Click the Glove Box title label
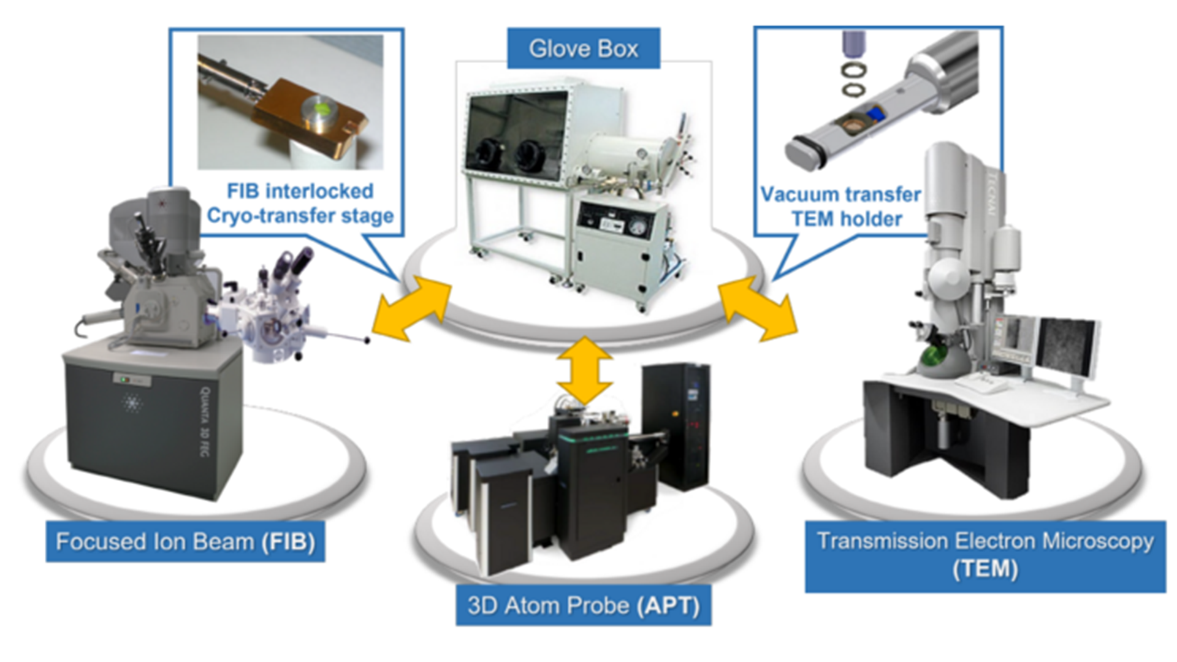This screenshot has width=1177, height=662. click(583, 48)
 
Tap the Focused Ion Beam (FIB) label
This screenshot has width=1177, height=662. click(185, 542)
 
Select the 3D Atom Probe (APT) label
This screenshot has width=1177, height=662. click(583, 606)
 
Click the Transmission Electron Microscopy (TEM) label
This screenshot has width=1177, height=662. click(985, 555)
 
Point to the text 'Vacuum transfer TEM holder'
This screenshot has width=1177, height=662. click(841, 207)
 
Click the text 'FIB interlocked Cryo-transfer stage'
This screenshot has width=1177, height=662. click(300, 204)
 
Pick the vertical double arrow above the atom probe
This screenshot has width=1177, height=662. click(584, 370)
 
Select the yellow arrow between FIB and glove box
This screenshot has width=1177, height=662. click(411, 308)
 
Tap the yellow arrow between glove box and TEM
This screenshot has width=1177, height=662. click(758, 308)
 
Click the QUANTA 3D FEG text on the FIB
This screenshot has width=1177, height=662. click(205, 422)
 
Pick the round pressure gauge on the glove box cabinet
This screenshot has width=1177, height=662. click(638, 227)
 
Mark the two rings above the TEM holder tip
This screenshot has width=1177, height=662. click(853, 79)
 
